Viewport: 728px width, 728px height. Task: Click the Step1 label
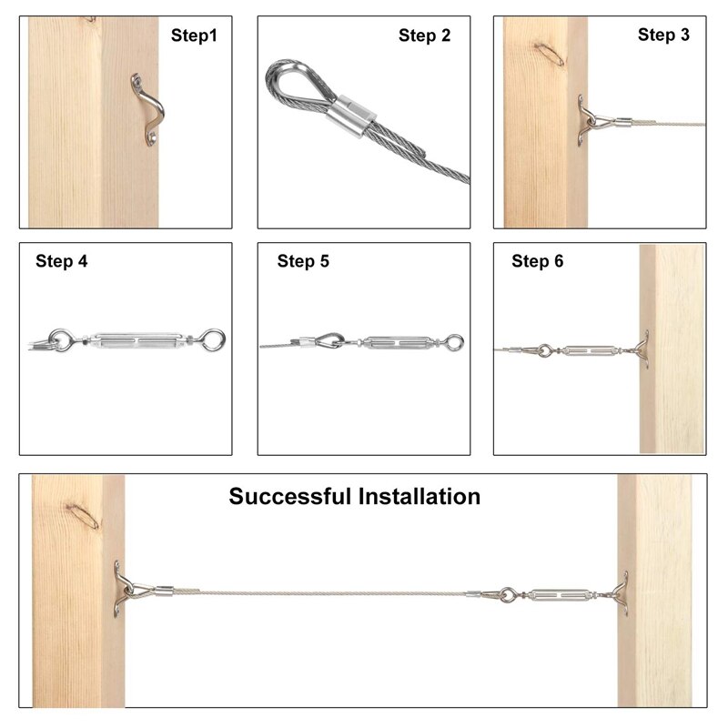point(195,35)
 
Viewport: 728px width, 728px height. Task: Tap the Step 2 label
point(424,35)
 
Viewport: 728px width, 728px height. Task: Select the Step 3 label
point(663,35)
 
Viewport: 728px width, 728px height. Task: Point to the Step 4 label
point(62,262)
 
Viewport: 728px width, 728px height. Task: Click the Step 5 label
point(303,262)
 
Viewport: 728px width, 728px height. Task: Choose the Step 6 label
point(537,262)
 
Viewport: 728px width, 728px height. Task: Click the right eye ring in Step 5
point(453,343)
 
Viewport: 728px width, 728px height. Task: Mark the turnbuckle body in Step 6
point(590,349)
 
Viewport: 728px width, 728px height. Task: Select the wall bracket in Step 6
point(642,349)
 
